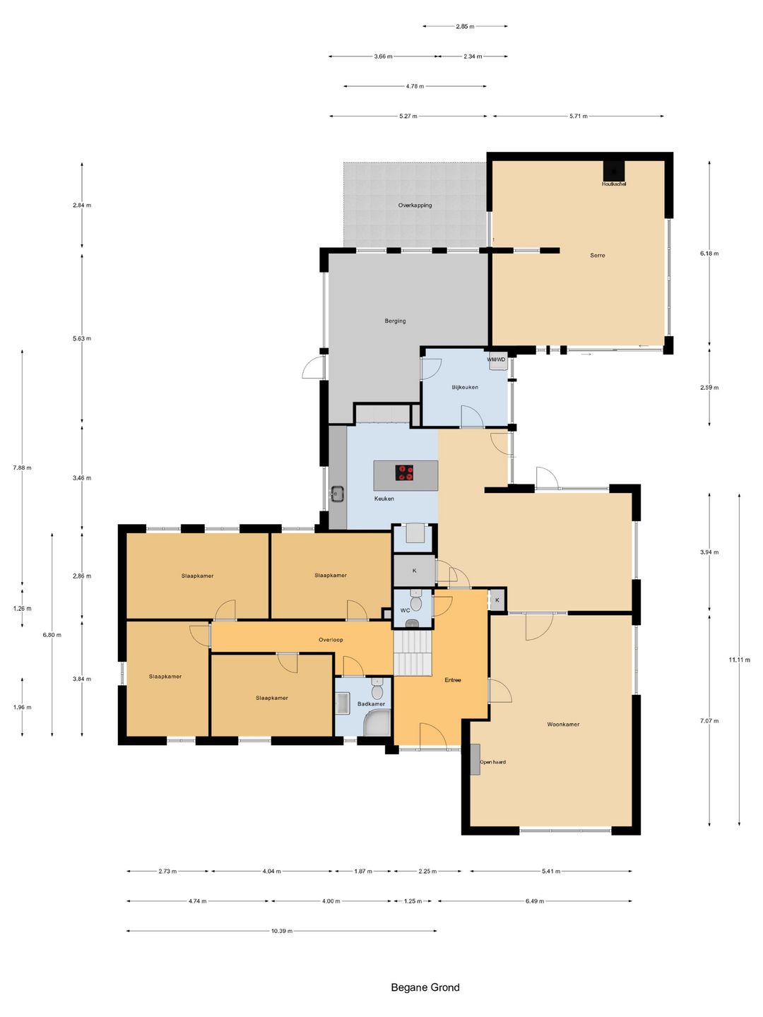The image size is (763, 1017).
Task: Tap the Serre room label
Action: click(x=597, y=255)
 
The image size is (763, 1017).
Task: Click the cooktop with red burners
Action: click(x=404, y=473)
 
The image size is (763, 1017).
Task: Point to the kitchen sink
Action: click(x=337, y=494)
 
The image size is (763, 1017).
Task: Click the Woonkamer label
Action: click(x=563, y=724)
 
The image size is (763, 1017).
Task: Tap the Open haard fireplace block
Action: click(x=475, y=759)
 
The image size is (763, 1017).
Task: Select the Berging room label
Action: click(x=395, y=321)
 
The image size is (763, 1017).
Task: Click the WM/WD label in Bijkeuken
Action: click(x=496, y=359)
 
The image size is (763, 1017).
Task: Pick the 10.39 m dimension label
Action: click(x=282, y=931)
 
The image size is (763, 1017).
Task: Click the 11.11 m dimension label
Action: click(x=739, y=660)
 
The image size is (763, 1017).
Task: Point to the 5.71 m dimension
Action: click(x=578, y=117)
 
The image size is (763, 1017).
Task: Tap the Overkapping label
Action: click(x=415, y=206)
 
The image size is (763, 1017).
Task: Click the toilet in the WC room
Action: click(x=415, y=601)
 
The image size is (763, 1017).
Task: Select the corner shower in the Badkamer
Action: click(x=378, y=723)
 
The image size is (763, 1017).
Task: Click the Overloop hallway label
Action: click(x=331, y=640)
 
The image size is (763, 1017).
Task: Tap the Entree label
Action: click(x=453, y=680)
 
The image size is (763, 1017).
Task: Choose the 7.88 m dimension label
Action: click(x=22, y=468)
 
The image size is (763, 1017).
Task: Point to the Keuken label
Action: click(x=384, y=499)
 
